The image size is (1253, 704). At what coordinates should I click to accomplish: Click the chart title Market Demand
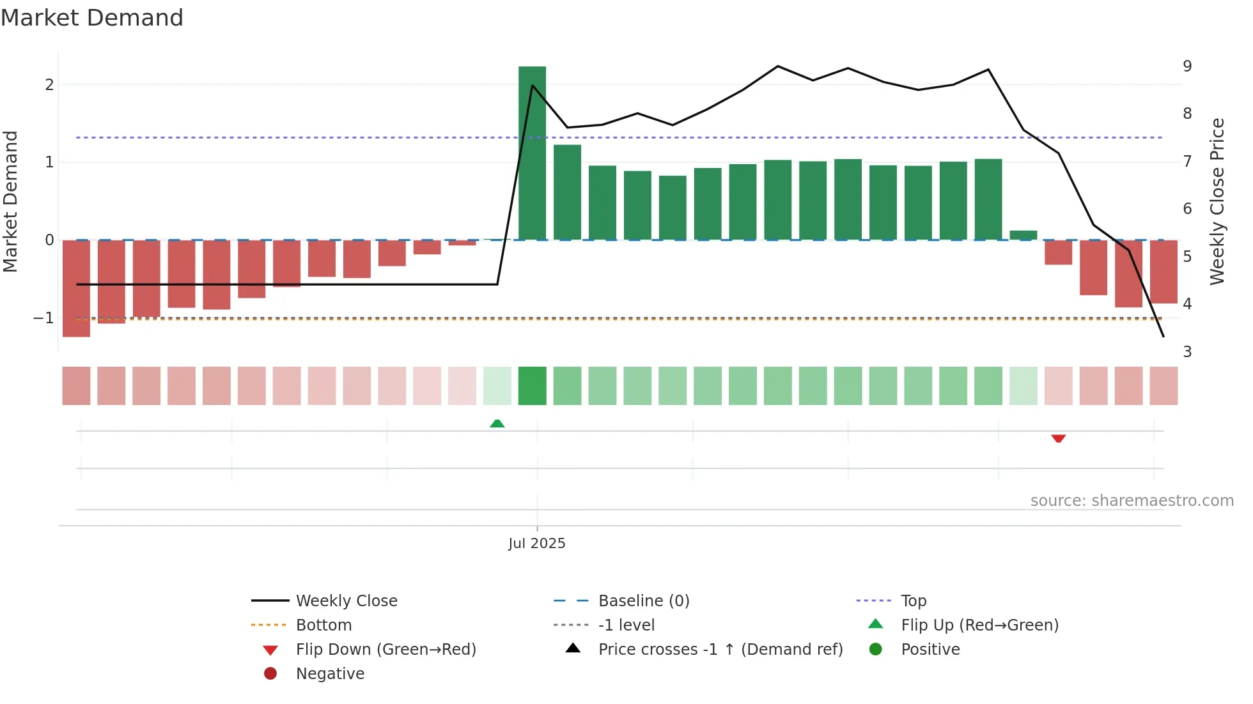pyautogui.click(x=92, y=18)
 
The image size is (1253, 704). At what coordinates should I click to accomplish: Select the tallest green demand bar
pyautogui.click(x=532, y=153)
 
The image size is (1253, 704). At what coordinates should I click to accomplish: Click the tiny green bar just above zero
pyautogui.click(x=1023, y=235)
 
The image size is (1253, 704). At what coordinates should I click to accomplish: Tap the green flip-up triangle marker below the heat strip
pyautogui.click(x=497, y=424)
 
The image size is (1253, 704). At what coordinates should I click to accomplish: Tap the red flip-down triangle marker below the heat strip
pyautogui.click(x=1058, y=438)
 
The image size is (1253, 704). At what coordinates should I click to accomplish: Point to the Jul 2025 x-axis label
pyautogui.click(x=536, y=544)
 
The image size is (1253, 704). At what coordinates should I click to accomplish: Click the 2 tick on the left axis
pyautogui.click(x=49, y=85)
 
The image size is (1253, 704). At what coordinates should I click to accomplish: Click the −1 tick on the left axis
pyautogui.click(x=44, y=318)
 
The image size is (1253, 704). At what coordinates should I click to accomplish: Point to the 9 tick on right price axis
pyautogui.click(x=1187, y=66)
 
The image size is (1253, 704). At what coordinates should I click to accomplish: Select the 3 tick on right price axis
pyautogui.click(x=1187, y=352)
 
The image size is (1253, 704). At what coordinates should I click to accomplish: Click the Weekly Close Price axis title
pyautogui.click(x=1217, y=201)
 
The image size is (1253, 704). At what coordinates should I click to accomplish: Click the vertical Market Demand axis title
pyautogui.click(x=11, y=201)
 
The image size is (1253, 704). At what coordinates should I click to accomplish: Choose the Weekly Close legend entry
pyautogui.click(x=346, y=601)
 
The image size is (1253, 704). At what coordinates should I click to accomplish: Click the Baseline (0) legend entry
pyautogui.click(x=643, y=601)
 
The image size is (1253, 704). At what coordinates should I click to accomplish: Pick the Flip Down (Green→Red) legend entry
pyautogui.click(x=385, y=650)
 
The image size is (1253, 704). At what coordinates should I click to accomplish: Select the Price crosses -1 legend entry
pyautogui.click(x=720, y=650)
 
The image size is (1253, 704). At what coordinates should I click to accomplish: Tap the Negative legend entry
pyautogui.click(x=330, y=674)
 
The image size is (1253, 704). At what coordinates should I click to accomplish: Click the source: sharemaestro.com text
pyautogui.click(x=1132, y=501)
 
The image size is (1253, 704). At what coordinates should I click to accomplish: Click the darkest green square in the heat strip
pyautogui.click(x=532, y=386)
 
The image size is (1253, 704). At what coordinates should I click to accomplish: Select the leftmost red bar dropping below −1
pyautogui.click(x=76, y=289)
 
